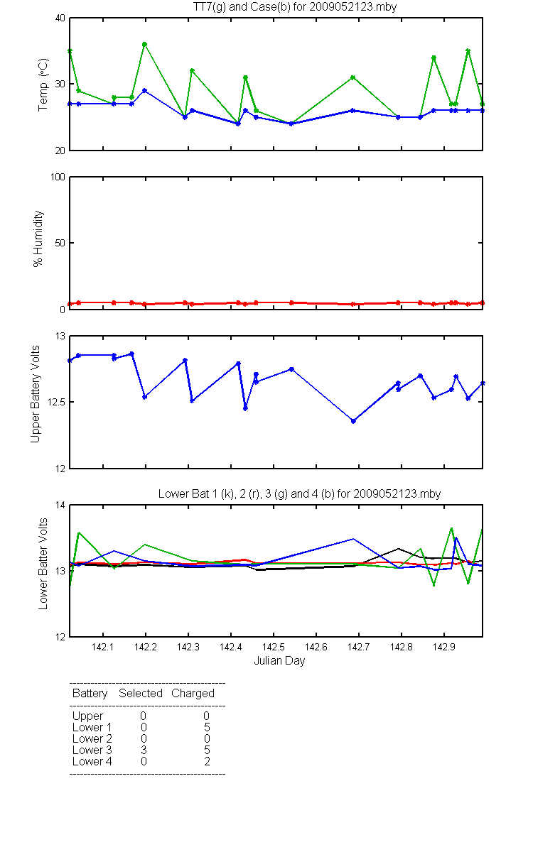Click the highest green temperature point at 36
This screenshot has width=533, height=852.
click(x=145, y=45)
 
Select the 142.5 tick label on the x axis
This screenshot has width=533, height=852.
click(x=274, y=647)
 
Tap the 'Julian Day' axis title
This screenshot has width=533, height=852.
click(x=279, y=661)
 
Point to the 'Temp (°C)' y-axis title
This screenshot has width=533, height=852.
click(x=43, y=84)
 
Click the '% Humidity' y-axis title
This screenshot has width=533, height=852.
click(x=38, y=239)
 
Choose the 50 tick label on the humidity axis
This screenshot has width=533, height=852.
click(x=60, y=243)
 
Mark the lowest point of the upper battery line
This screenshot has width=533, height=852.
click(x=353, y=421)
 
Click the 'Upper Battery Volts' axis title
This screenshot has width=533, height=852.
click(x=35, y=394)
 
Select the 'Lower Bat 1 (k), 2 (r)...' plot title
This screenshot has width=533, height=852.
click(x=299, y=493)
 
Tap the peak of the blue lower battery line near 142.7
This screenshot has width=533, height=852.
click(x=353, y=539)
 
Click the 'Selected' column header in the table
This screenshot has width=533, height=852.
click(x=141, y=693)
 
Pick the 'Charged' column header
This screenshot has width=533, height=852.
click(x=193, y=694)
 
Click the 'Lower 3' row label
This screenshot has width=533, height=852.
click(x=92, y=750)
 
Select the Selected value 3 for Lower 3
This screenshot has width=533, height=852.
click(x=144, y=750)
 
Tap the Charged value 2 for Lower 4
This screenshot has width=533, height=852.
click(x=207, y=761)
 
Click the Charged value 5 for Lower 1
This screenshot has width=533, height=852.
click(x=207, y=727)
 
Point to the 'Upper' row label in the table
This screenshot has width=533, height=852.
click(x=87, y=716)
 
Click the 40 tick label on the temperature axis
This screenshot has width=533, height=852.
click(x=60, y=18)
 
